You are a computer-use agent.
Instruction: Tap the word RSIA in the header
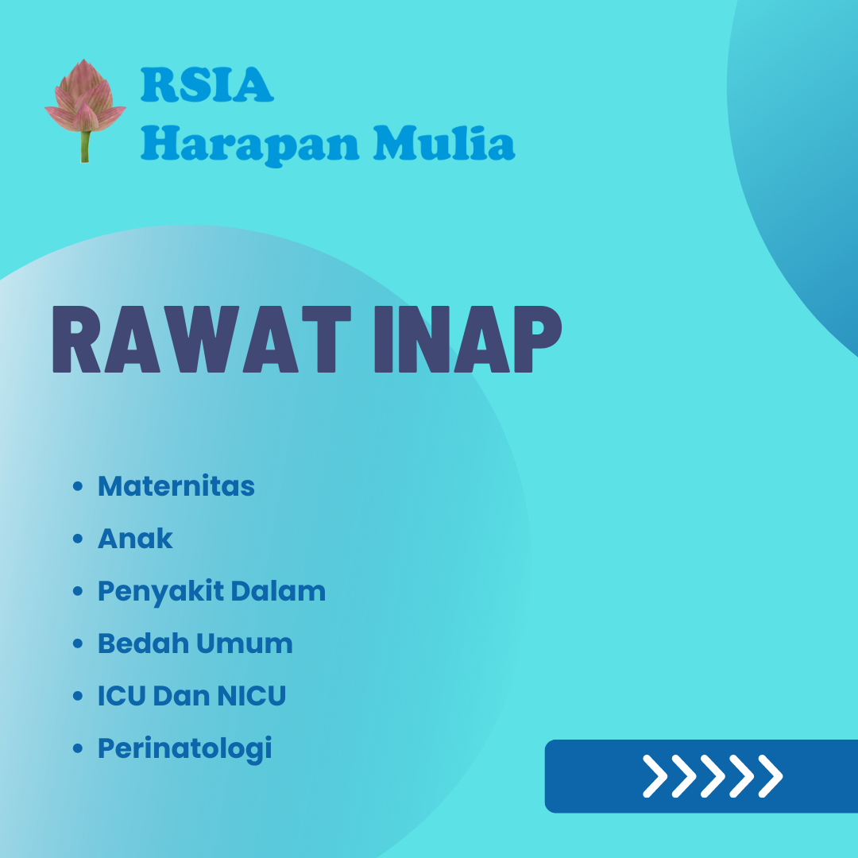[x=207, y=86]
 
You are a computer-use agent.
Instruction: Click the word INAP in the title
[x=466, y=342]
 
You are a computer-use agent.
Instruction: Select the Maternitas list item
[x=176, y=485]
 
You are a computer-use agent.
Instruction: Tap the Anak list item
[x=135, y=539]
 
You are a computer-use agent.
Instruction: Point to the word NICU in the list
[x=249, y=696]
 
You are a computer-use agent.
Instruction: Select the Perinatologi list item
[x=184, y=749]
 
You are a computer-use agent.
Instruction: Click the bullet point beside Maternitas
[x=78, y=486]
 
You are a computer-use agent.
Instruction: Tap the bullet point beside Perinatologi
[x=78, y=749]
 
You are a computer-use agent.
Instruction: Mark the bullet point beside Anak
[x=78, y=539]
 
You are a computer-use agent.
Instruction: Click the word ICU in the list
[x=122, y=696]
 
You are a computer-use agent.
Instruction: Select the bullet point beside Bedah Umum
[x=78, y=644]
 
